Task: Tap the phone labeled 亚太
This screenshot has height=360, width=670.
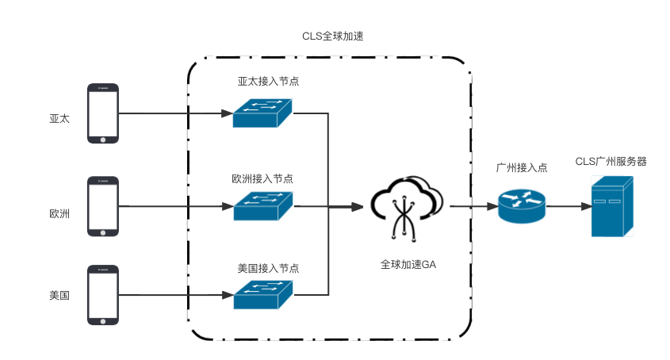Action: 103,114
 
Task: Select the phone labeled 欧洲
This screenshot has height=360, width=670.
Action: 103,206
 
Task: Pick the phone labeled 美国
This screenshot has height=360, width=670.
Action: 103,295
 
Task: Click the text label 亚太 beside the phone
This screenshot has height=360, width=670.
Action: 59,119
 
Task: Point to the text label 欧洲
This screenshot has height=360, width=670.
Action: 59,213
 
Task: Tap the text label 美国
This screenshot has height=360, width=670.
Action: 59,296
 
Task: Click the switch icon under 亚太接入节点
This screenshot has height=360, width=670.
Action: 262,113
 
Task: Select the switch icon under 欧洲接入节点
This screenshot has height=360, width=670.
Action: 262,206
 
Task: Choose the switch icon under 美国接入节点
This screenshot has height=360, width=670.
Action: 262,295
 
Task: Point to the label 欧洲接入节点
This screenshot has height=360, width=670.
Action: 262,179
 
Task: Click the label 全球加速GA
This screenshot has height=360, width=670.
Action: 408,265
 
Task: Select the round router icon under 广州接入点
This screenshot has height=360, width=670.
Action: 522,206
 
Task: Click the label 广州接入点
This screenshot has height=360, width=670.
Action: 521,169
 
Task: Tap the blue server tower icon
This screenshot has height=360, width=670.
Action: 612,206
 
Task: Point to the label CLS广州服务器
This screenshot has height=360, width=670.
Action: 611,162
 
